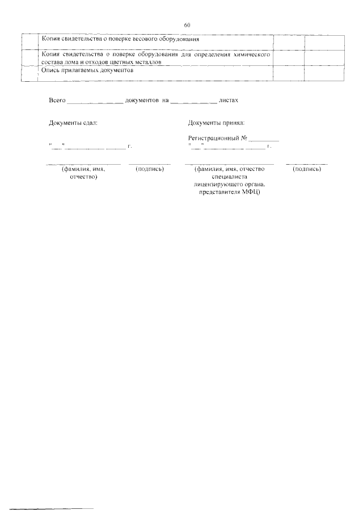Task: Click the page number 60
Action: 187,25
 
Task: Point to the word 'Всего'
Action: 57,100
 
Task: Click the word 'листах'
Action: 229,100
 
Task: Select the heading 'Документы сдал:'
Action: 73,123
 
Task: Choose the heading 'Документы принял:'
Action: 216,123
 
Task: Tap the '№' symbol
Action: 244,139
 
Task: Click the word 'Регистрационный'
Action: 214,139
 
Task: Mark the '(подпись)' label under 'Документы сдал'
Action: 150,169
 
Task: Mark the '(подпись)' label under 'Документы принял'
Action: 307,169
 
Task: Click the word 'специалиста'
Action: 230,177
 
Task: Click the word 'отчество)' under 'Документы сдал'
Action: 84,177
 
